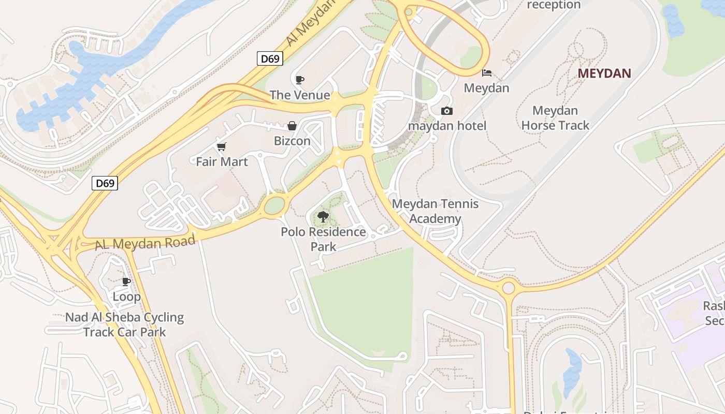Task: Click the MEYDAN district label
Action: click(x=604, y=73)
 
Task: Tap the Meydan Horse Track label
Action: click(x=555, y=118)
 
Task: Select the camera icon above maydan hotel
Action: click(x=446, y=111)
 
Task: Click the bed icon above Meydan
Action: click(x=486, y=73)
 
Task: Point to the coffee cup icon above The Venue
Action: click(x=299, y=80)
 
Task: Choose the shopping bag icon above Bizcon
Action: click(x=292, y=126)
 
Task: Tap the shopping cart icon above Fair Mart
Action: click(x=222, y=147)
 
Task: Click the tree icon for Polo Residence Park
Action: click(x=323, y=217)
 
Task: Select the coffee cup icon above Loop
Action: click(x=126, y=282)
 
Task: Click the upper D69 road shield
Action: click(x=270, y=58)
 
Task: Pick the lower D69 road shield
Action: click(x=105, y=183)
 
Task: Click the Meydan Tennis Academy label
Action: click(x=435, y=211)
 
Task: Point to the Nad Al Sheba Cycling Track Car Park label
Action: click(x=124, y=324)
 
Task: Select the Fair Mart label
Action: click(x=222, y=162)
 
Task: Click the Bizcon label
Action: click(x=292, y=141)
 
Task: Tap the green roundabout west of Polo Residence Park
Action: click(x=274, y=205)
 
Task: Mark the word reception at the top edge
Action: click(x=554, y=5)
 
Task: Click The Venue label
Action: click(x=299, y=95)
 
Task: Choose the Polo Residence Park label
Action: click(x=323, y=239)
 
